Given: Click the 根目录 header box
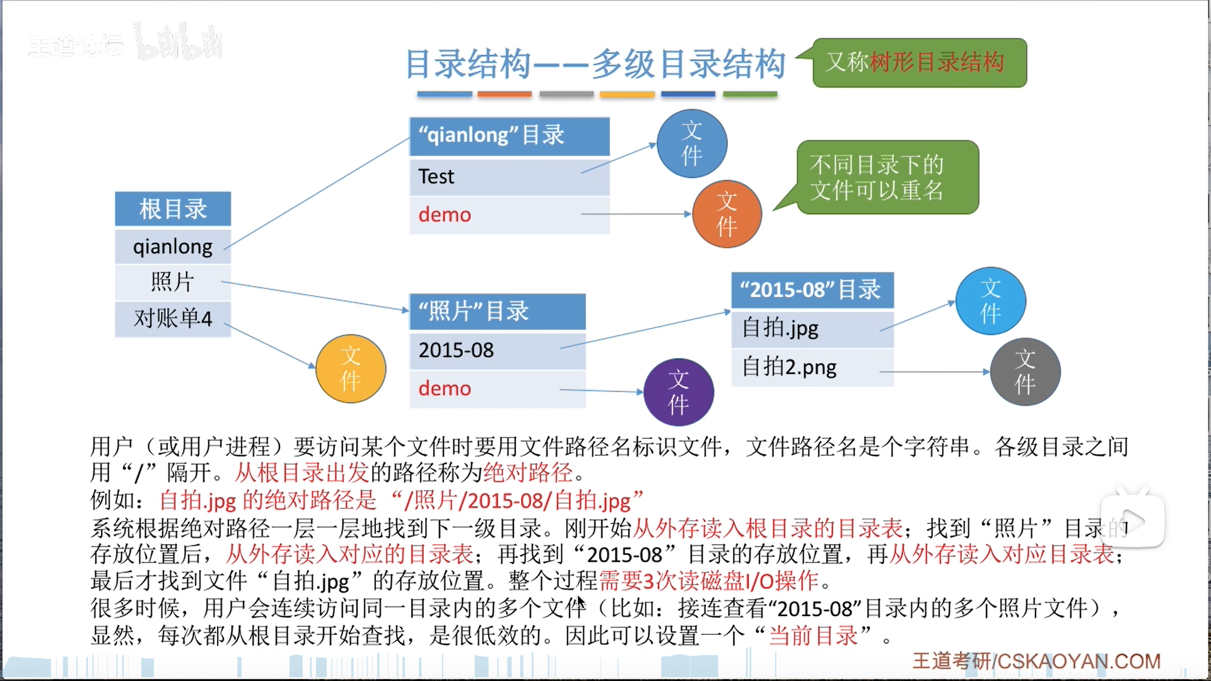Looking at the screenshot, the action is click(173, 209).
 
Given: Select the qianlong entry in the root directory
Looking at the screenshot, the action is click(173, 247).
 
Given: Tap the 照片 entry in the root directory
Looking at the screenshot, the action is click(173, 282).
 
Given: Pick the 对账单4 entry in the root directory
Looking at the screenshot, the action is click(173, 318).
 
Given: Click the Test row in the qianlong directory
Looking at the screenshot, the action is click(508, 177).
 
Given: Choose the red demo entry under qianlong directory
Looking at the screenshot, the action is click(445, 215).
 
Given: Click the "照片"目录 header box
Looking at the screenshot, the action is click(497, 311).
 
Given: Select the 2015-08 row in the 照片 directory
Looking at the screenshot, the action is click(497, 351).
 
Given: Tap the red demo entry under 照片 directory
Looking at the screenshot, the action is click(445, 388).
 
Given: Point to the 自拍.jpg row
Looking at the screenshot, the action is click(812, 329).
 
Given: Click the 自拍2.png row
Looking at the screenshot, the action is click(812, 367).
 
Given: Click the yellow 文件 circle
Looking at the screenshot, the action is click(351, 369).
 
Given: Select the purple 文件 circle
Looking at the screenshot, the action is click(679, 392).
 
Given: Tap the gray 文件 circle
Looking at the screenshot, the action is click(1025, 372).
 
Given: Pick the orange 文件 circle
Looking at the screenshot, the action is click(727, 214).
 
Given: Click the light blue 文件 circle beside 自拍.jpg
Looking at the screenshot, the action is click(990, 301).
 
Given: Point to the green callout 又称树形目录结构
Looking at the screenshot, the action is click(919, 62).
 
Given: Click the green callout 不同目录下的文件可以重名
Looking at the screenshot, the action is click(887, 177).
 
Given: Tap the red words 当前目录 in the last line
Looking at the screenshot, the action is click(813, 636).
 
